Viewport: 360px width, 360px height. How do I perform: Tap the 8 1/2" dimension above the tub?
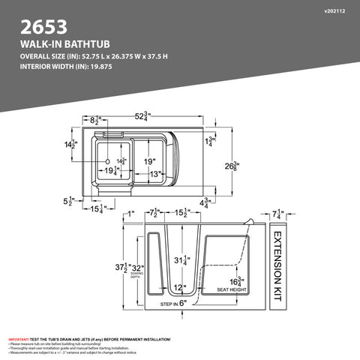tap(95, 119)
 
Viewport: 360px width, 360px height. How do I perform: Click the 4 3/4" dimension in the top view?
tap(204, 202)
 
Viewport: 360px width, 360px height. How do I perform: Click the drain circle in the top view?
tap(108, 162)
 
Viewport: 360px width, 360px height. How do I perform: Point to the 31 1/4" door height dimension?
tap(180, 260)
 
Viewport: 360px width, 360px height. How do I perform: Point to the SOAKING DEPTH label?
tap(135, 277)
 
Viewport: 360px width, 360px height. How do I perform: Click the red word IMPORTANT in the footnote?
tap(19, 339)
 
